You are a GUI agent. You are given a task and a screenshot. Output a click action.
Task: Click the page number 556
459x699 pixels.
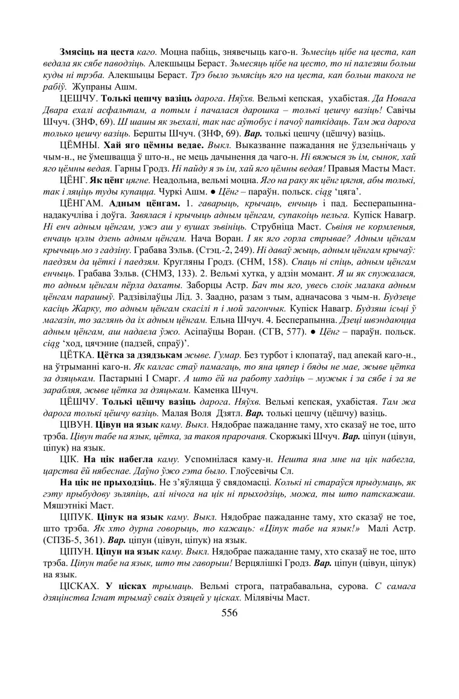tap(230, 613)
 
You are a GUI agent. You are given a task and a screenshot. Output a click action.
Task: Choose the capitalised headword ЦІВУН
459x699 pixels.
tap(75, 425)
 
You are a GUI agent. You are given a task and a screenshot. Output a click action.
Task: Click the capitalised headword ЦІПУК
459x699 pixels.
tap(75, 517)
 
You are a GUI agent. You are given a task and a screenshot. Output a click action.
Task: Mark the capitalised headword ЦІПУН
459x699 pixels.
tap(75, 552)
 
